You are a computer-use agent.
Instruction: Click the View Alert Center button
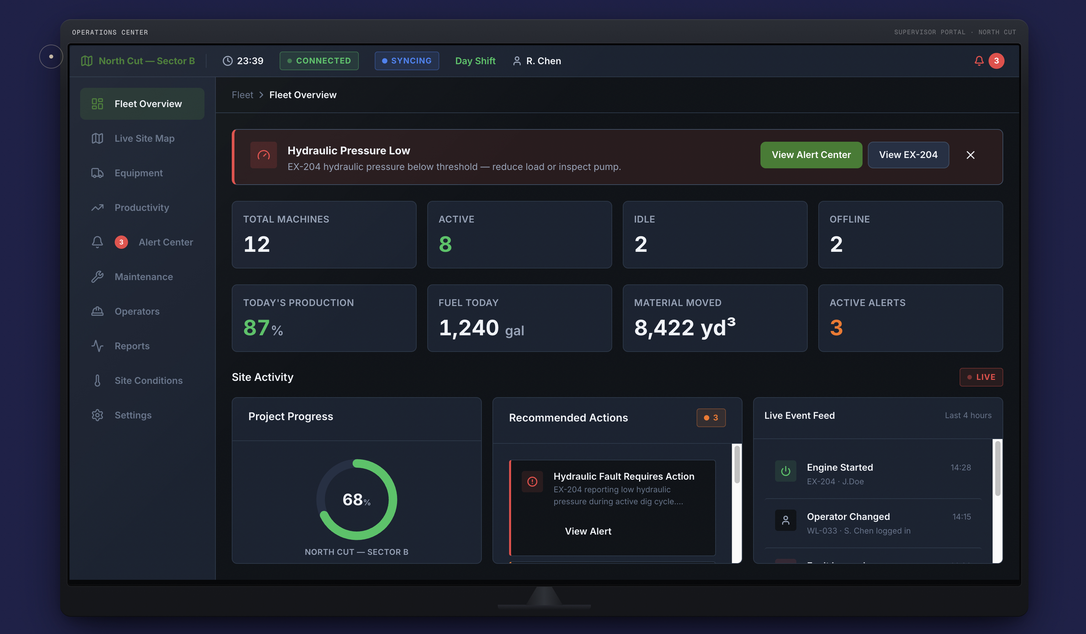[x=811, y=155]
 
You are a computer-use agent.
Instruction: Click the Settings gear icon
[x=97, y=415]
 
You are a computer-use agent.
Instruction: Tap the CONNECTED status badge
[x=319, y=61]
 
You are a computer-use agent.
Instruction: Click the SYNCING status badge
[x=407, y=61]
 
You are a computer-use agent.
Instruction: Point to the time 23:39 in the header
[x=250, y=61]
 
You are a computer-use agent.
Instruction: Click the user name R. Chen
[x=543, y=61]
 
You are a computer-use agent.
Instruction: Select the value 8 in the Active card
[x=445, y=244]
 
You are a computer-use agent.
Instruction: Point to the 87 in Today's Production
[x=256, y=328]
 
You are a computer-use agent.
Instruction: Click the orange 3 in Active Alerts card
[x=836, y=328]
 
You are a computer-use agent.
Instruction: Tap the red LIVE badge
[x=981, y=377]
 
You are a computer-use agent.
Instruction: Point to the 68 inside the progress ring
[x=352, y=500]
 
